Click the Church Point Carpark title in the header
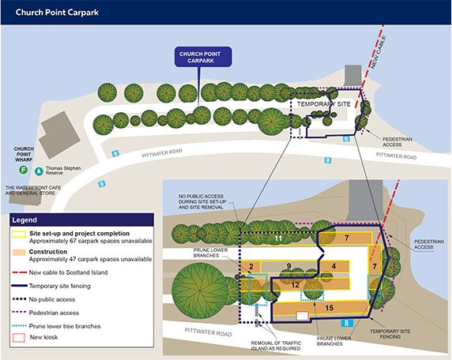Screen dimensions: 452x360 click(57, 13)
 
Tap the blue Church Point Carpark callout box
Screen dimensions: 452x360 click(203, 57)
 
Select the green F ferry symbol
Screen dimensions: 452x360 click(24, 170)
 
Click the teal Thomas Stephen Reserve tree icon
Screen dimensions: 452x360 click(39, 171)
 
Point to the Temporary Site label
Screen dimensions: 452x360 click(324, 104)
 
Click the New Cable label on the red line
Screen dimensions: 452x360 click(379, 52)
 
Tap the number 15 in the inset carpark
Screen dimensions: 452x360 click(330, 308)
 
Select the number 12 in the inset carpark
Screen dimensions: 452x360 click(295, 285)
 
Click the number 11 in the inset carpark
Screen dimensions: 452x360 click(278, 238)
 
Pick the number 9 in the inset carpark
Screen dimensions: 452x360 click(289, 266)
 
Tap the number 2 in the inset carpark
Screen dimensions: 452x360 click(251, 266)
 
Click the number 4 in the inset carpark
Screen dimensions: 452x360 click(333, 266)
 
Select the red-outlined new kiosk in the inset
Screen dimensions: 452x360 click(303, 316)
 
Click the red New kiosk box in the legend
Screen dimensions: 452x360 click(19, 338)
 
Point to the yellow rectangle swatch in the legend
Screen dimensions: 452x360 click(19, 234)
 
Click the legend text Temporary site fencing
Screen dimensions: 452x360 click(60, 286)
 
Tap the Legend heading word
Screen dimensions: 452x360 click(24, 220)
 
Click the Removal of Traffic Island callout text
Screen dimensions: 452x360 click(276, 346)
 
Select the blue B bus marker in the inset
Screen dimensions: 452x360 click(347, 323)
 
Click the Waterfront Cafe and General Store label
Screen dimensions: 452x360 click(33, 190)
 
